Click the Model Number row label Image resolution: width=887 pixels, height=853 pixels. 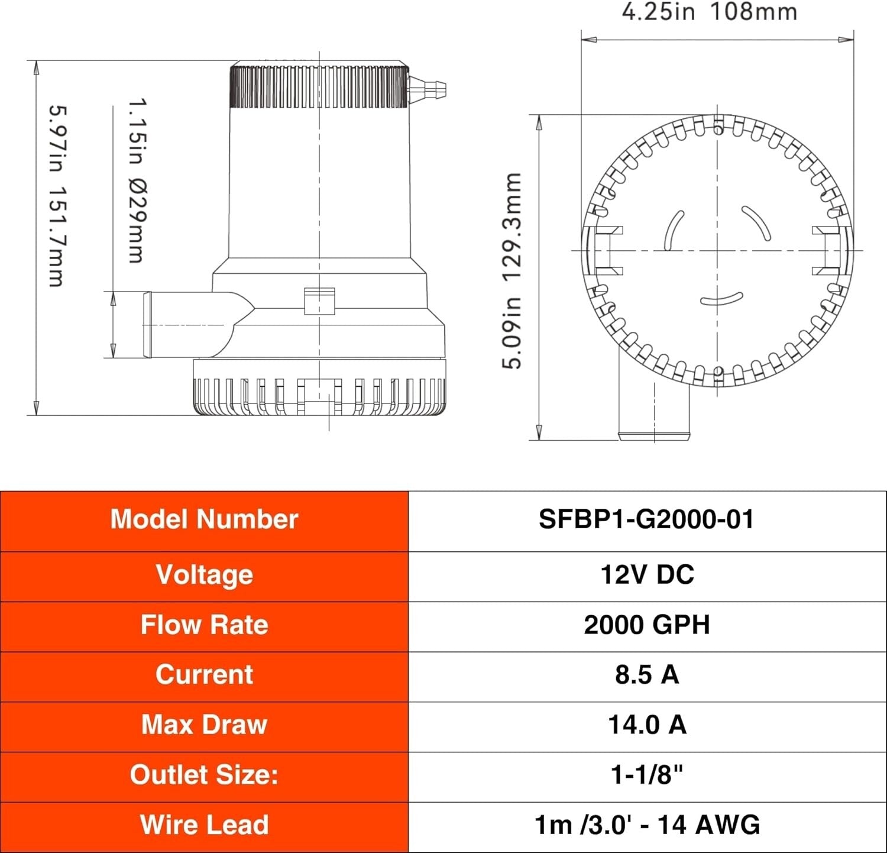(x=204, y=520)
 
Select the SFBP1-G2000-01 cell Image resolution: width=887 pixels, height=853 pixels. (x=646, y=520)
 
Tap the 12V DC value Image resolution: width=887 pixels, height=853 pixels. (x=647, y=575)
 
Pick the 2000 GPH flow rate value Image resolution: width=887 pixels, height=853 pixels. (x=647, y=625)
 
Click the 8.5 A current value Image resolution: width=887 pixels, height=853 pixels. (x=647, y=675)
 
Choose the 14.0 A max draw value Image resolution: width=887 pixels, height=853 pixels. (x=647, y=725)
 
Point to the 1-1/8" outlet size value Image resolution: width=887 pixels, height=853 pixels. (x=647, y=775)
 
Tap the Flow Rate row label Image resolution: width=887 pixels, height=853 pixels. (x=204, y=625)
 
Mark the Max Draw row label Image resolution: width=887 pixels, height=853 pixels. (x=204, y=725)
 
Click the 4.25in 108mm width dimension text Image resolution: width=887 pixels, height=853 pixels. (x=709, y=12)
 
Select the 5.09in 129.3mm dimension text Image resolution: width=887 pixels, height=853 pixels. (x=512, y=271)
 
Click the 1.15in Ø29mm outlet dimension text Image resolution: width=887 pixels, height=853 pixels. (x=138, y=180)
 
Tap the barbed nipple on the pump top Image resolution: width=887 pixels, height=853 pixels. (x=428, y=89)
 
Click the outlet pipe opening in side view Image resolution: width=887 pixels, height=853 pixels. (x=148, y=324)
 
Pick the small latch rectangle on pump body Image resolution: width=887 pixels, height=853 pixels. (x=319, y=301)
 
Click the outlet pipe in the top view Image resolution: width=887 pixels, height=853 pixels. (x=654, y=408)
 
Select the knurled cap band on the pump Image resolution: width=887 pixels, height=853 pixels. (x=319, y=87)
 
